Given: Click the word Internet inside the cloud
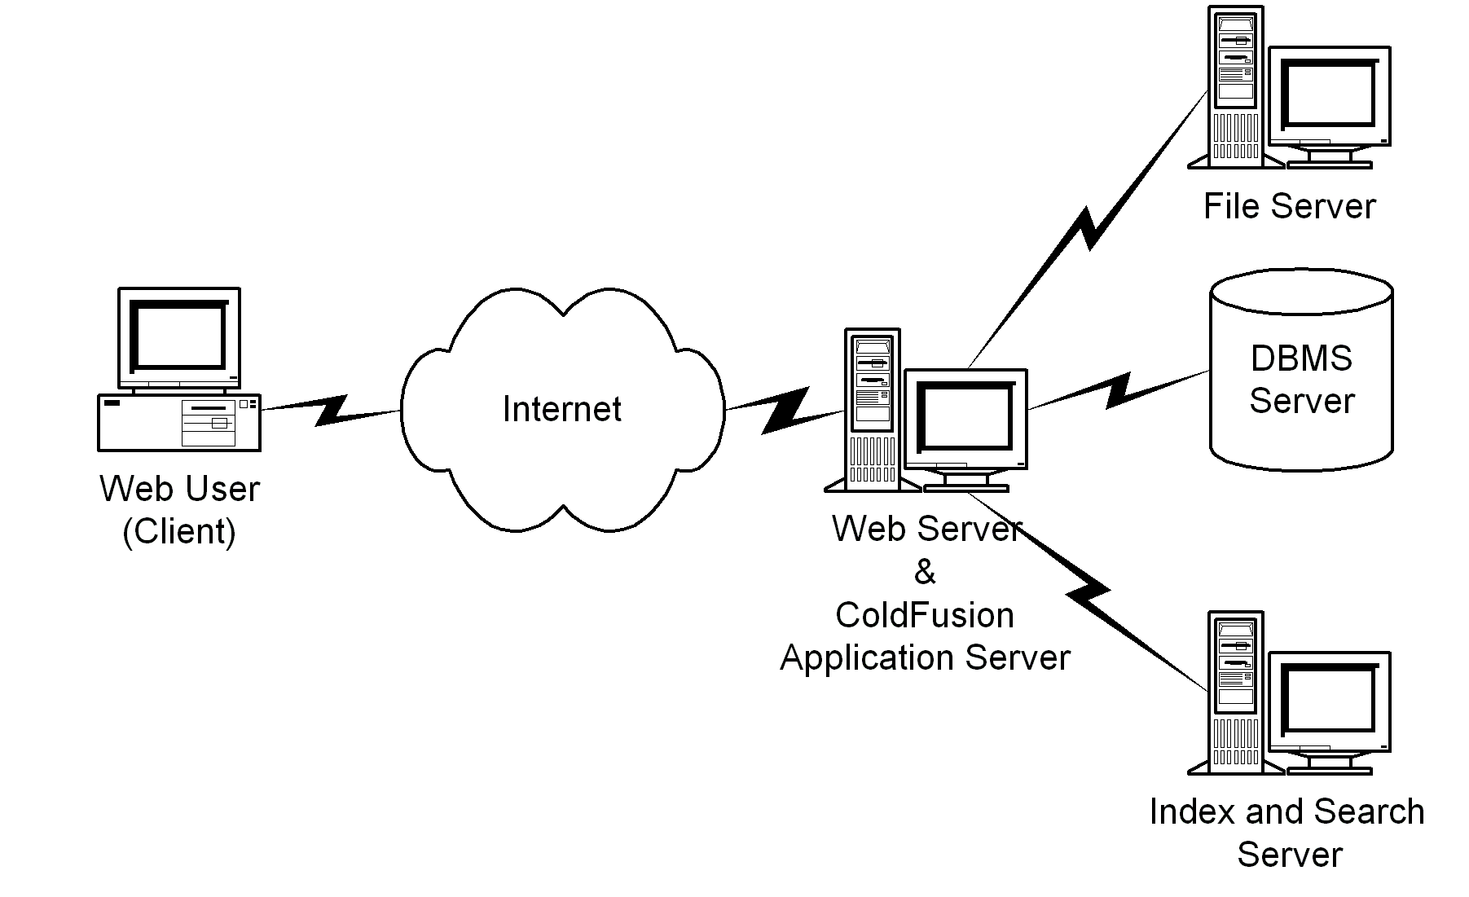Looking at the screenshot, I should pos(561,409).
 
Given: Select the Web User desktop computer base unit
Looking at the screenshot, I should pos(179,422).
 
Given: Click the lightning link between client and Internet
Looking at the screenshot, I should pos(331,410).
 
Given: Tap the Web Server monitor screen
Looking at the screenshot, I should pos(965,417).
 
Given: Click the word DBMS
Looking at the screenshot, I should pos(1301,358).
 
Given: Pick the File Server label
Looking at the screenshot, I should pos(1289,206).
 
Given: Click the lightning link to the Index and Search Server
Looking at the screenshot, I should pos(1088,591).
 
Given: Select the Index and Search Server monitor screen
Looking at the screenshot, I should pos(1329,700).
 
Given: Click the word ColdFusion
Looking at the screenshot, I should pos(925,615).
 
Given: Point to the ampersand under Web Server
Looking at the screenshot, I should pos(925,573).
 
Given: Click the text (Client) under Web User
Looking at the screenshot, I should pos(179,531).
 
